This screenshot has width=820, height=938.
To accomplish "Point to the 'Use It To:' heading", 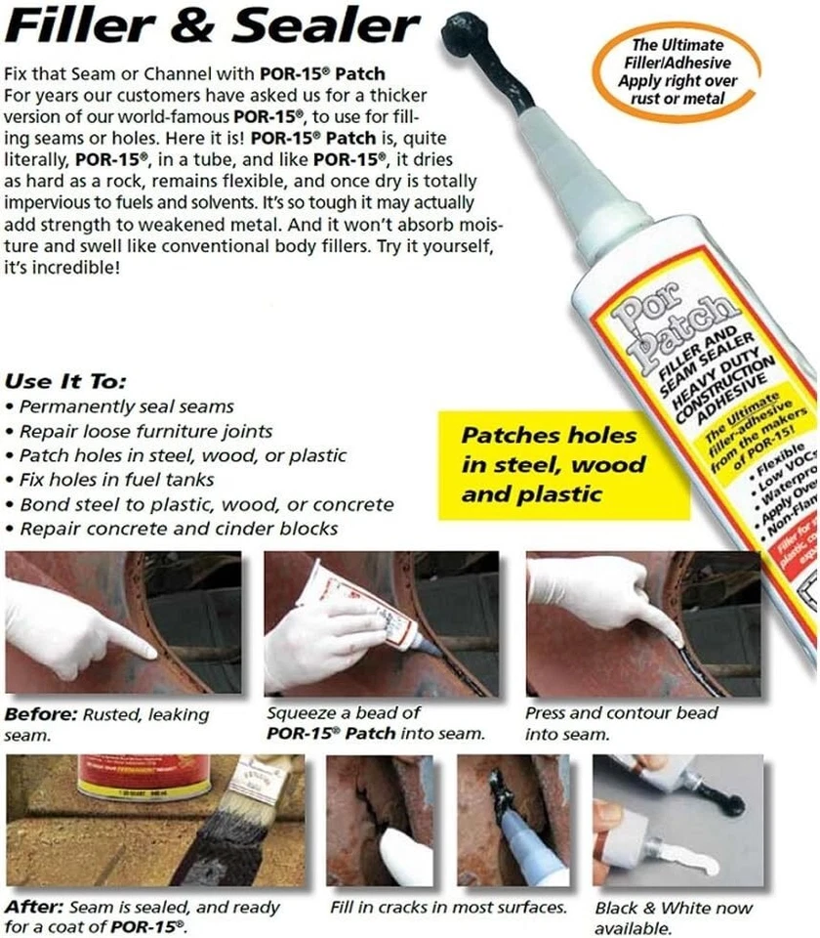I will pyautogui.click(x=65, y=381).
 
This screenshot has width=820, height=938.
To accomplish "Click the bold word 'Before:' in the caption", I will pyautogui.click(x=39, y=714).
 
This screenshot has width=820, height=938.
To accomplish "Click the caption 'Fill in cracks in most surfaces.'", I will pyautogui.click(x=449, y=908).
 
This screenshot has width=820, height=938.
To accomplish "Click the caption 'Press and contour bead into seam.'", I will pyautogui.click(x=621, y=723).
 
